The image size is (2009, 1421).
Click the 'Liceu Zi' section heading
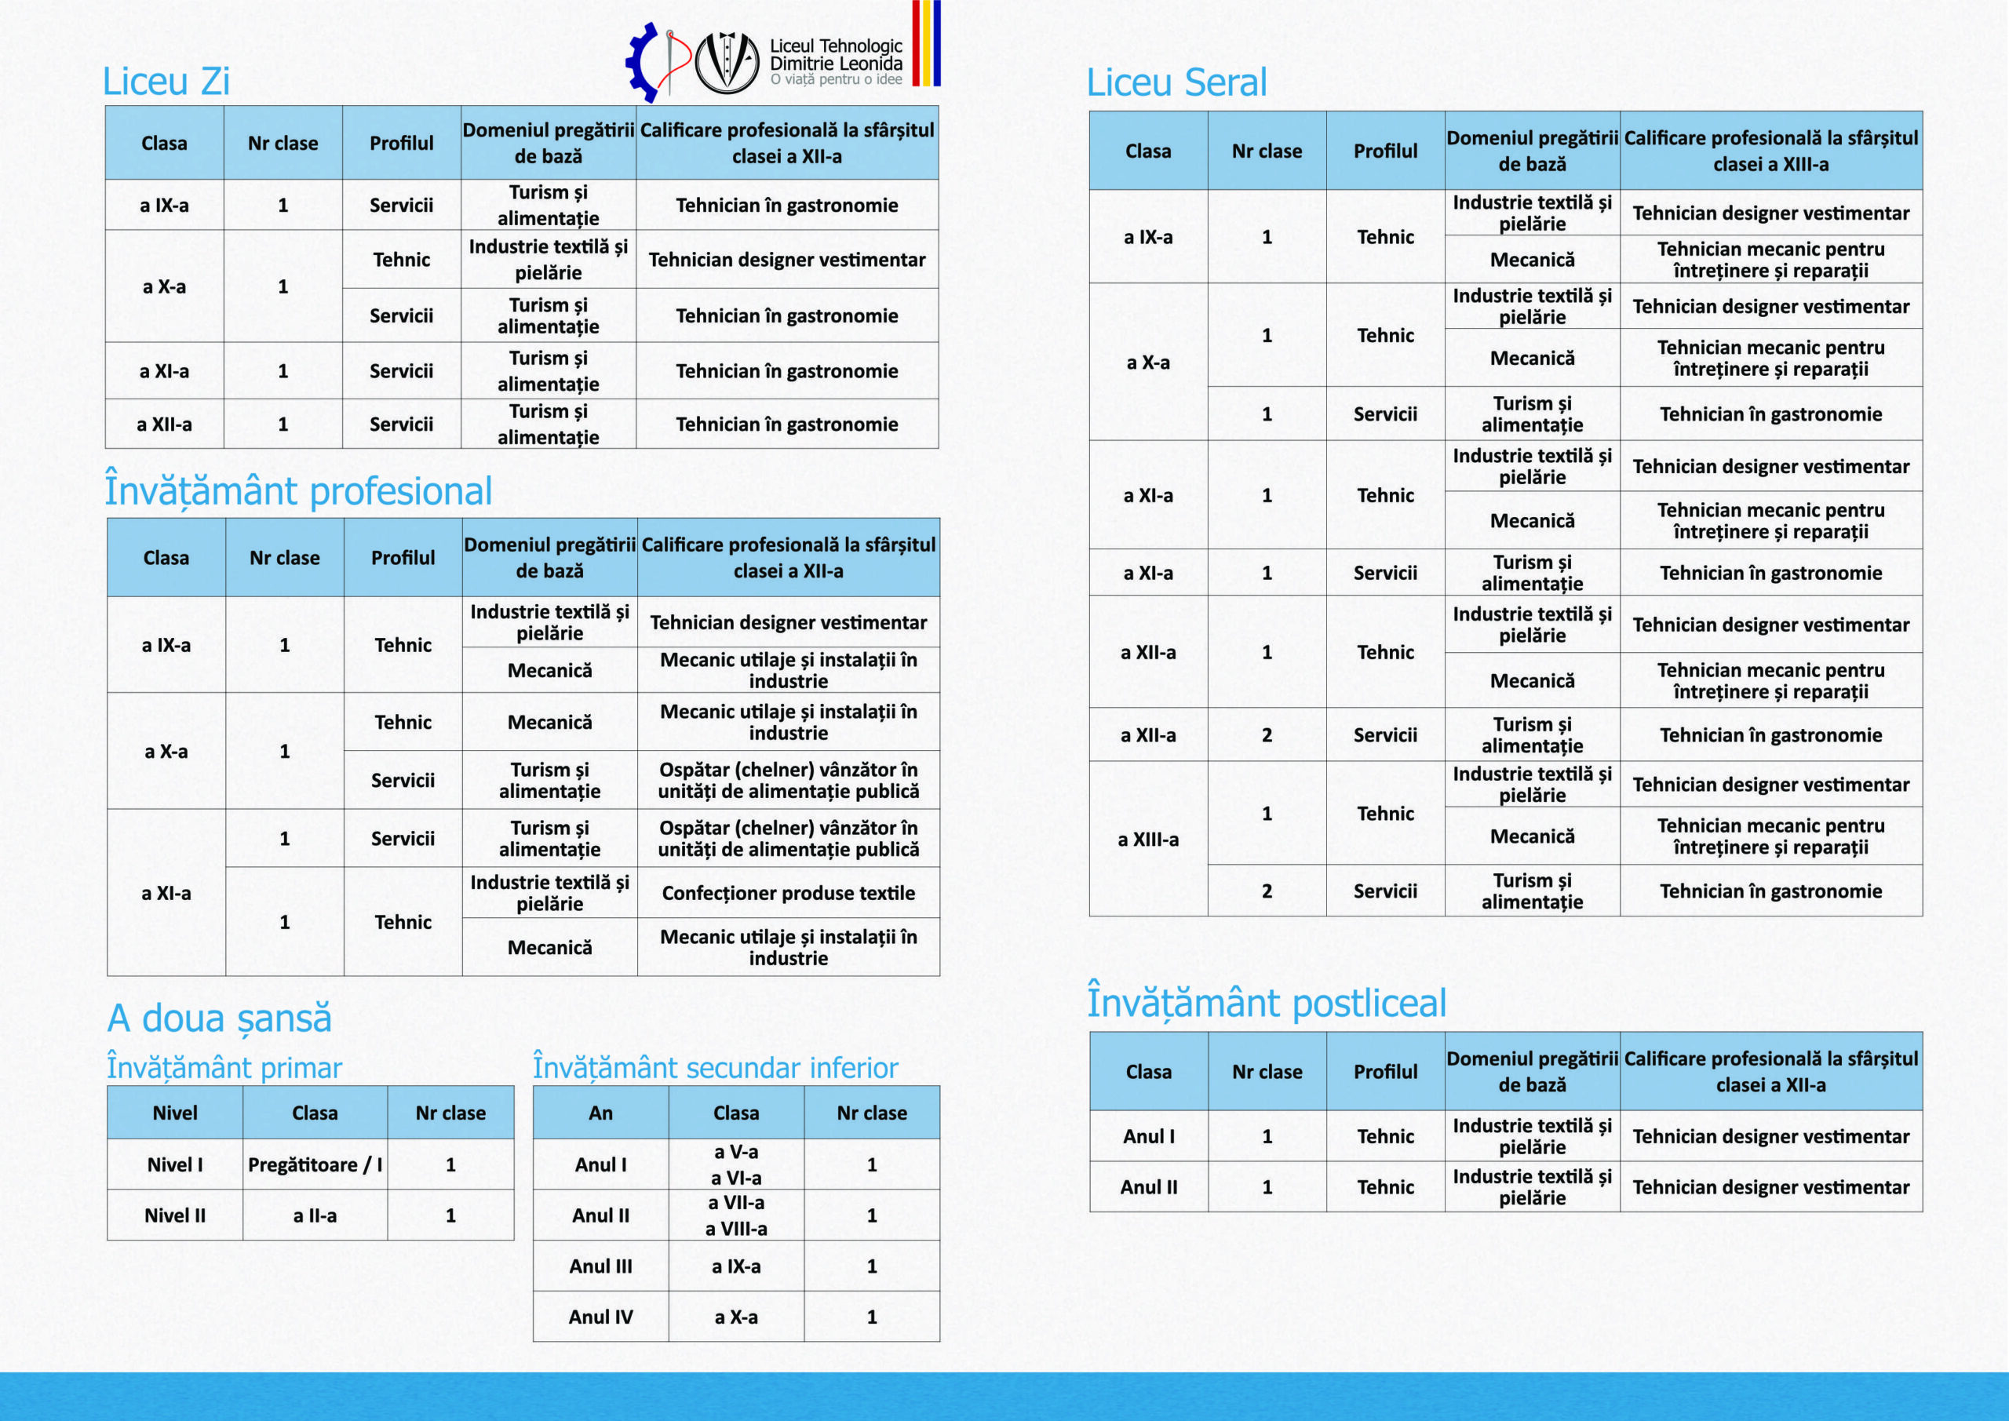pyautogui.click(x=166, y=82)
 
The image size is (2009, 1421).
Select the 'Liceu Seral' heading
pyautogui.click(x=1176, y=83)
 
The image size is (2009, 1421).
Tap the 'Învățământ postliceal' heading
pyautogui.click(x=1266, y=1003)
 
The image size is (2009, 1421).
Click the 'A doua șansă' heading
pyautogui.click(x=220, y=1018)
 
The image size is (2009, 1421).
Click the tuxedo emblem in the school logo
pyautogui.click(x=726, y=62)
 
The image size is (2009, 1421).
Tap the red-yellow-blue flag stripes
pyautogui.click(x=926, y=44)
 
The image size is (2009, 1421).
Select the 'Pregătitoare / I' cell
pyautogui.click(x=315, y=1164)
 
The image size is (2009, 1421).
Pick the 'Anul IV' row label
pyautogui.click(x=600, y=1317)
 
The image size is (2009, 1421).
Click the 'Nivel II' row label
pyautogui.click(x=175, y=1215)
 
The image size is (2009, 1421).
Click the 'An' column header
pyautogui.click(x=600, y=1113)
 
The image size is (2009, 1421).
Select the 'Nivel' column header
pyautogui.click(x=175, y=1113)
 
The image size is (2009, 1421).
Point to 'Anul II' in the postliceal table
pyautogui.click(x=1148, y=1187)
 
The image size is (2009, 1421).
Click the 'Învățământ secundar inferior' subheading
pyautogui.click(x=715, y=1067)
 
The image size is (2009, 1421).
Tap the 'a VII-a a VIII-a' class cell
pyautogui.click(x=736, y=1215)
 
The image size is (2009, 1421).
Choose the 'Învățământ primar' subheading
pyautogui.click(x=224, y=1067)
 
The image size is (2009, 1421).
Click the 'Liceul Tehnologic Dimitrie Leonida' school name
pyautogui.click(x=836, y=54)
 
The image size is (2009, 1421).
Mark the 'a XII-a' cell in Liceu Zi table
pyautogui.click(x=165, y=424)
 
